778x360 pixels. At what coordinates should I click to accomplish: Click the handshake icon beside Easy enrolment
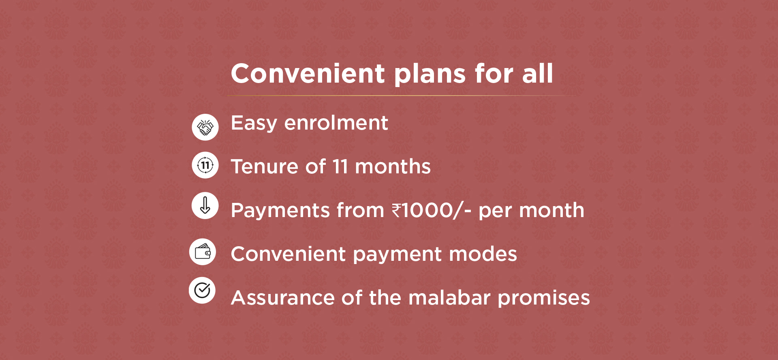pyautogui.click(x=205, y=127)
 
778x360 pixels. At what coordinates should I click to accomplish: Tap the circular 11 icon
pyautogui.click(x=205, y=165)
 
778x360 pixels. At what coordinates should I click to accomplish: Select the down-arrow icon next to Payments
pyautogui.click(x=205, y=205)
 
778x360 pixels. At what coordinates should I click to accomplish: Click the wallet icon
pyautogui.click(x=203, y=252)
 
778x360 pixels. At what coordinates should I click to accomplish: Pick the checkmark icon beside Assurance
pyautogui.click(x=202, y=290)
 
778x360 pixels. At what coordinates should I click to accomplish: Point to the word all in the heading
pyautogui.click(x=537, y=74)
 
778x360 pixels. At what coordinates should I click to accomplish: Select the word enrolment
pyautogui.click(x=336, y=123)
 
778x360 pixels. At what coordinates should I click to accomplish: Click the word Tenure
pyautogui.click(x=265, y=167)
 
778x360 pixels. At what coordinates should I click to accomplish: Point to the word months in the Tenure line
pyautogui.click(x=393, y=167)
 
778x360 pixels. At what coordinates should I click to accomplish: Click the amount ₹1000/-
pyautogui.click(x=432, y=211)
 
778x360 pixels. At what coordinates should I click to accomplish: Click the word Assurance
pyautogui.click(x=283, y=298)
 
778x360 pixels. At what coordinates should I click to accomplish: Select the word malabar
pyautogui.click(x=450, y=298)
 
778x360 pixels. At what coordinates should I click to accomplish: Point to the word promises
pyautogui.click(x=544, y=299)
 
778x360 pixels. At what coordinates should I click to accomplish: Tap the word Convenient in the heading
pyautogui.click(x=308, y=74)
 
